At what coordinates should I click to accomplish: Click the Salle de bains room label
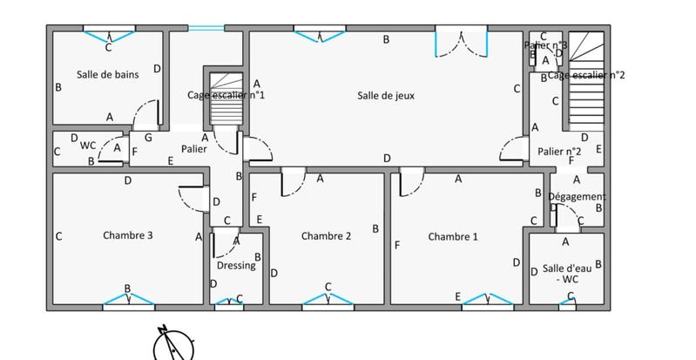pyautogui.click(x=108, y=74)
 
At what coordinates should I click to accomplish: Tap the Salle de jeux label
pyautogui.click(x=384, y=95)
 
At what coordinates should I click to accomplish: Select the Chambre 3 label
pyautogui.click(x=128, y=234)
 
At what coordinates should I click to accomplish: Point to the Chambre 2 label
pyautogui.click(x=326, y=235)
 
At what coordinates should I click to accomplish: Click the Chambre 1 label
pyautogui.click(x=452, y=235)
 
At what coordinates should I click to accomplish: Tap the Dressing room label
pyautogui.click(x=236, y=265)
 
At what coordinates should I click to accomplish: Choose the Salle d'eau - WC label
pyautogui.click(x=567, y=274)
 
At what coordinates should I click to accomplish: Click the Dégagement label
pyautogui.click(x=576, y=197)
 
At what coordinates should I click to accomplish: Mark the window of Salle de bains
pyautogui.click(x=110, y=34)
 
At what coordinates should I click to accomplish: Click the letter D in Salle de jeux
pyautogui.click(x=386, y=158)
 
